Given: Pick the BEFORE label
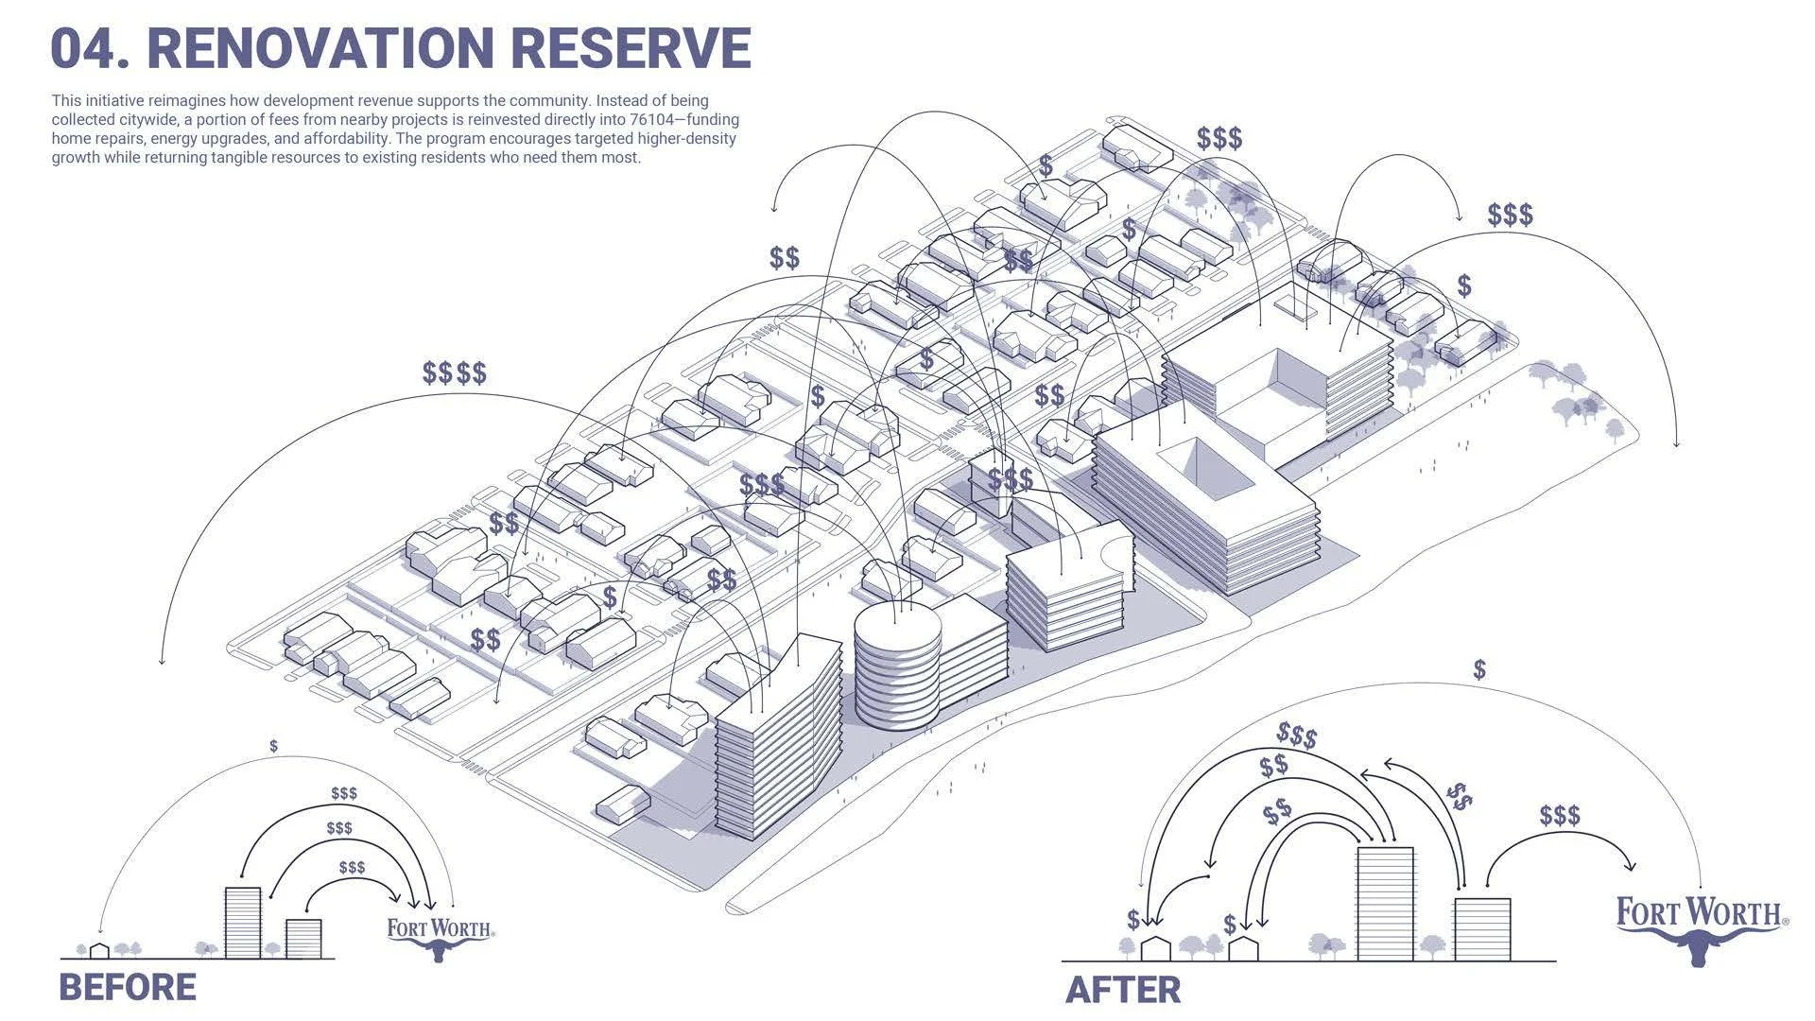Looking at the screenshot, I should (128, 987).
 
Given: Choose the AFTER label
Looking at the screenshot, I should (1123, 990).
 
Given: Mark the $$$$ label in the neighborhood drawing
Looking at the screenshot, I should (455, 372).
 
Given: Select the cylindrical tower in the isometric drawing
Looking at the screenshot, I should (897, 666).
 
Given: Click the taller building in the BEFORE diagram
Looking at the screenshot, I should (242, 923).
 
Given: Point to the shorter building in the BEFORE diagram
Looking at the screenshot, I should (303, 938).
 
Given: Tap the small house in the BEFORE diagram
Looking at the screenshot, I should (99, 950).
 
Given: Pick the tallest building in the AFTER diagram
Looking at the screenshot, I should (1385, 903).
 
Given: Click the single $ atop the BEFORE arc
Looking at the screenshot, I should (273, 746).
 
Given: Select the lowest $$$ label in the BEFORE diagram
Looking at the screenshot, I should (352, 867).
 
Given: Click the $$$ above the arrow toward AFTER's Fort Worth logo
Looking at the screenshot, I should (1560, 815).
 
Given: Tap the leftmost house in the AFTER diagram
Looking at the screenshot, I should (1156, 948).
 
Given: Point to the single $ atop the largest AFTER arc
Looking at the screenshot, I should (1479, 670).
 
